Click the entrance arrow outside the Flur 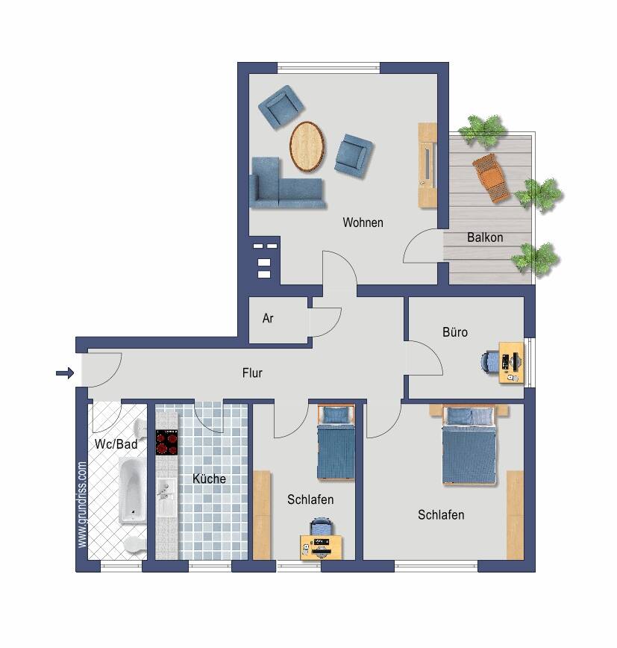[x=65, y=373]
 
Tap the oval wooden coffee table [x=307, y=146]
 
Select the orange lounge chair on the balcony [x=491, y=178]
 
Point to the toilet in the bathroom [x=135, y=544]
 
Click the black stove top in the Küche [x=166, y=442]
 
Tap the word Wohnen [x=363, y=222]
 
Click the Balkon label [x=485, y=237]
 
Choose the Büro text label [x=454, y=332]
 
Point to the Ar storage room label [x=268, y=318]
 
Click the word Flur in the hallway [x=252, y=373]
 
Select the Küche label [x=209, y=479]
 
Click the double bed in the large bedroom [x=469, y=444]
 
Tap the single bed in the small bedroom [x=336, y=442]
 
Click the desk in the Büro [x=511, y=362]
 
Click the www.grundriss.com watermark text [x=82, y=505]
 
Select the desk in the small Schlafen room [x=321, y=547]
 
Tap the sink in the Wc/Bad [x=140, y=429]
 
